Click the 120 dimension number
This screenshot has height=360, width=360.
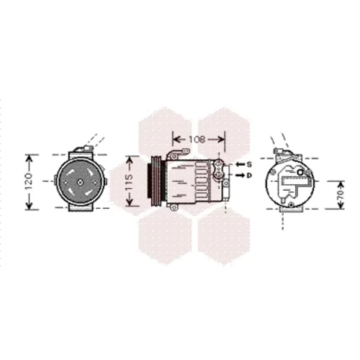(29, 181)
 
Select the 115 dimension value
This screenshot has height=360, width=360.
(129, 182)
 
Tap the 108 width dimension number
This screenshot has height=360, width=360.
(197, 139)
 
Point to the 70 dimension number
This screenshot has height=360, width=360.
(341, 195)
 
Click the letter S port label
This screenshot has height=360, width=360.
(250, 164)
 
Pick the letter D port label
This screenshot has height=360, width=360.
(250, 176)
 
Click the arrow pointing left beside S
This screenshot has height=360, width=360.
(240, 164)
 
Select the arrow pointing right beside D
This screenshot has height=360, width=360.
(240, 176)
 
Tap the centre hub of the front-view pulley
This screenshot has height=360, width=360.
(80, 182)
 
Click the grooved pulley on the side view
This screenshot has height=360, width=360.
(156, 182)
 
